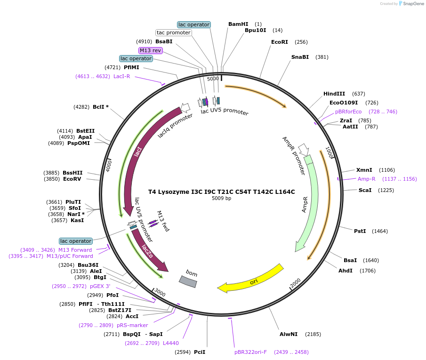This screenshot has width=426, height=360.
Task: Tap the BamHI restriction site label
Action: (x=238, y=24)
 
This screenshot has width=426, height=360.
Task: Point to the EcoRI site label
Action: (x=279, y=42)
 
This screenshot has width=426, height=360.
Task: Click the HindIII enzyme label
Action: (x=334, y=94)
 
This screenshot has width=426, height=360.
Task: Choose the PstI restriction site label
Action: (x=360, y=231)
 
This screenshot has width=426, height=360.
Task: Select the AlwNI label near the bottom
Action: (x=289, y=334)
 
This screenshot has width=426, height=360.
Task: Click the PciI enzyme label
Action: (x=200, y=352)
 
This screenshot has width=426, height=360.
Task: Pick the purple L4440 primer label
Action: (x=170, y=343)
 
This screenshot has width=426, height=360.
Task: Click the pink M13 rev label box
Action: (x=150, y=50)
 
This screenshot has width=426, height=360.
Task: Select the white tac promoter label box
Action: (x=174, y=33)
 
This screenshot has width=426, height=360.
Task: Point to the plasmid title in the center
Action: (x=221, y=192)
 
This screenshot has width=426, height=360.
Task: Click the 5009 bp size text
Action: (x=221, y=199)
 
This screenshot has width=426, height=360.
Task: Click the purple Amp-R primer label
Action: (x=366, y=179)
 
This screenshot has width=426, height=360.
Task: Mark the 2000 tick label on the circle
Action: (x=295, y=283)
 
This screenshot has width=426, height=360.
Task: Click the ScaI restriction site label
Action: (x=365, y=190)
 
